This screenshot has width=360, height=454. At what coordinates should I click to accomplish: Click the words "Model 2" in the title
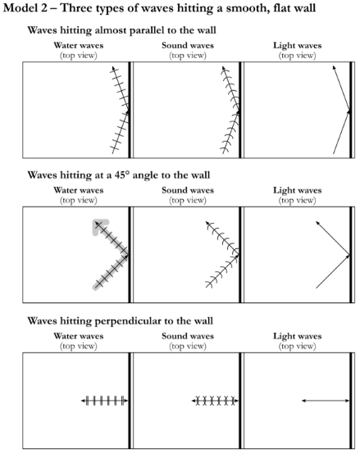pyautogui.click(x=25, y=8)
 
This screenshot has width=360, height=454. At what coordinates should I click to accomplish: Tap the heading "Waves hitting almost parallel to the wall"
pyautogui.click(x=121, y=30)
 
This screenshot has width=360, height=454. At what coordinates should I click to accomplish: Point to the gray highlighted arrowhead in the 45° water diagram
pyautogui.click(x=98, y=224)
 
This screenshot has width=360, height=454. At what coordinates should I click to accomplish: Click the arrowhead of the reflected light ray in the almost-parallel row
pyautogui.click(x=335, y=67)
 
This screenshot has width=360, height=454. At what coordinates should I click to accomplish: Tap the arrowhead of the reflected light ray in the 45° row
pyautogui.click(x=317, y=223)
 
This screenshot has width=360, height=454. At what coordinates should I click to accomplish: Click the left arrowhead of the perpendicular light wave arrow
pyautogui.click(x=303, y=401)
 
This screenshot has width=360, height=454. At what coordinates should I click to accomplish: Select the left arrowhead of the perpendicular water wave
pyautogui.click(x=83, y=401)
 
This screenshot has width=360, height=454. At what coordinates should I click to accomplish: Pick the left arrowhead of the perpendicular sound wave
pyautogui.click(x=194, y=401)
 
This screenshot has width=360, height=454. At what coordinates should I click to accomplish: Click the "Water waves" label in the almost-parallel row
pyautogui.click(x=79, y=45)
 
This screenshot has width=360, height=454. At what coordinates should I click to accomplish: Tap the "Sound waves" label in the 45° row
pyautogui.click(x=188, y=190)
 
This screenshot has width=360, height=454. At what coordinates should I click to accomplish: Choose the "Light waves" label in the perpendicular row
pyautogui.click(x=298, y=336)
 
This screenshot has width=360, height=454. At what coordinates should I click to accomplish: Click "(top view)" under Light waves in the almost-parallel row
pyautogui.click(x=297, y=55)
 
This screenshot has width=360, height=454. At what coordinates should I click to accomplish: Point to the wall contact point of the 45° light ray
pyautogui.click(x=349, y=255)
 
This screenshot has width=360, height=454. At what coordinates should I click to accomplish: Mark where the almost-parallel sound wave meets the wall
pyautogui.click(x=239, y=111)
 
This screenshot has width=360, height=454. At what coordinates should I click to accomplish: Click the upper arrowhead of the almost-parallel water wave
pyautogui.click(x=113, y=68)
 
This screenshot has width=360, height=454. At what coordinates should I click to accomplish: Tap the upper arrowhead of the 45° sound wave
pyautogui.click(x=207, y=223)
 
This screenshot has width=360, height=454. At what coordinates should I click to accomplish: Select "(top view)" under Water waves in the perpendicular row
pyautogui.click(x=79, y=346)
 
